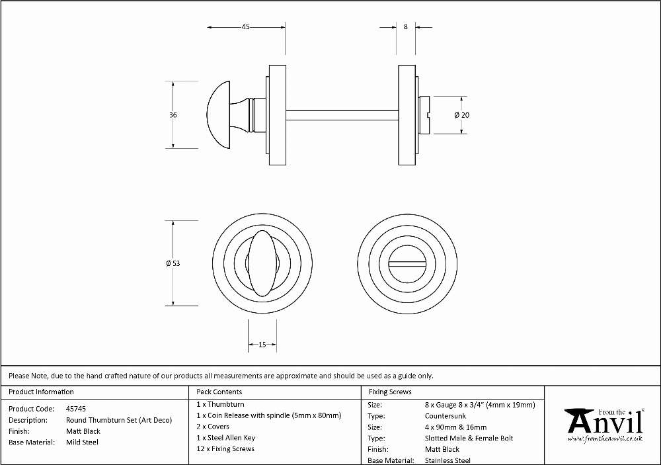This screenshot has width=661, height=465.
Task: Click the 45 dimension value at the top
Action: click(x=245, y=26)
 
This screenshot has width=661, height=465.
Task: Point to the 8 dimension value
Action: click(x=406, y=26)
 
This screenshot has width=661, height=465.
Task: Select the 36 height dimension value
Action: click(x=173, y=115)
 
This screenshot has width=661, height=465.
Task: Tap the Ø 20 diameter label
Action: click(x=462, y=115)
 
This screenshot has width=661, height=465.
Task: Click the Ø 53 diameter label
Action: click(x=173, y=263)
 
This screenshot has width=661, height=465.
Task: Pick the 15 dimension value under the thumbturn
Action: click(x=262, y=345)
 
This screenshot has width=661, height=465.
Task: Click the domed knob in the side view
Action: click(x=219, y=115)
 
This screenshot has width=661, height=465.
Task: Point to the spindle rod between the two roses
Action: click(x=342, y=115)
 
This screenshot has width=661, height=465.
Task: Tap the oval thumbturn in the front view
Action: click(x=262, y=263)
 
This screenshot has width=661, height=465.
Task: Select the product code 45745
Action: click(x=76, y=409)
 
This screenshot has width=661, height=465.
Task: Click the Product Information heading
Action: click(x=41, y=392)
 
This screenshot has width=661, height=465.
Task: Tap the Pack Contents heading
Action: click(x=219, y=392)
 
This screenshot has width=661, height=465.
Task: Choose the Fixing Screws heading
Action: click(x=390, y=392)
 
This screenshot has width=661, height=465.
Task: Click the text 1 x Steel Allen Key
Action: click(x=226, y=438)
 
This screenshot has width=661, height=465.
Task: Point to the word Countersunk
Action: click(x=446, y=416)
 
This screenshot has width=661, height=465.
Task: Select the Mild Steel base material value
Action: click(x=82, y=443)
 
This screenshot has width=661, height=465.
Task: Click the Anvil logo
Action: click(x=605, y=425)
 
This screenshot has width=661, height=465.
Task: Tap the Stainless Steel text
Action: click(x=447, y=460)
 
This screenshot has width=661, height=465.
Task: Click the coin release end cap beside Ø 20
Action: click(x=424, y=115)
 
